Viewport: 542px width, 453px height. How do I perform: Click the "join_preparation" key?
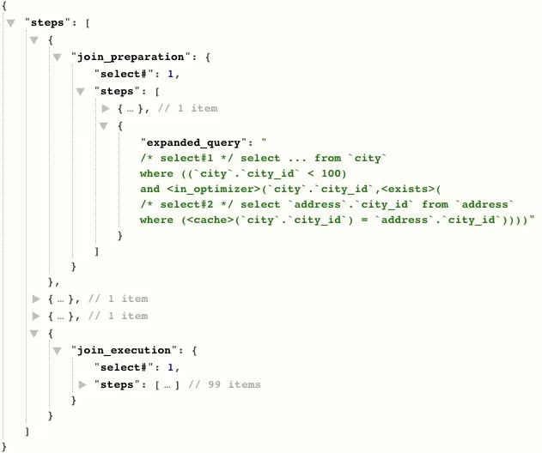click(131, 57)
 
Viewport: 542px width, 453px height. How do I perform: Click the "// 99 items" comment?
click(225, 384)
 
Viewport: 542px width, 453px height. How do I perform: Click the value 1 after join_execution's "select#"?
click(172, 367)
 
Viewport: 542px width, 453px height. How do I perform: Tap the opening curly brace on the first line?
click(3, 7)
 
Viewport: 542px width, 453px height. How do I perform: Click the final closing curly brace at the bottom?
click(3, 446)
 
